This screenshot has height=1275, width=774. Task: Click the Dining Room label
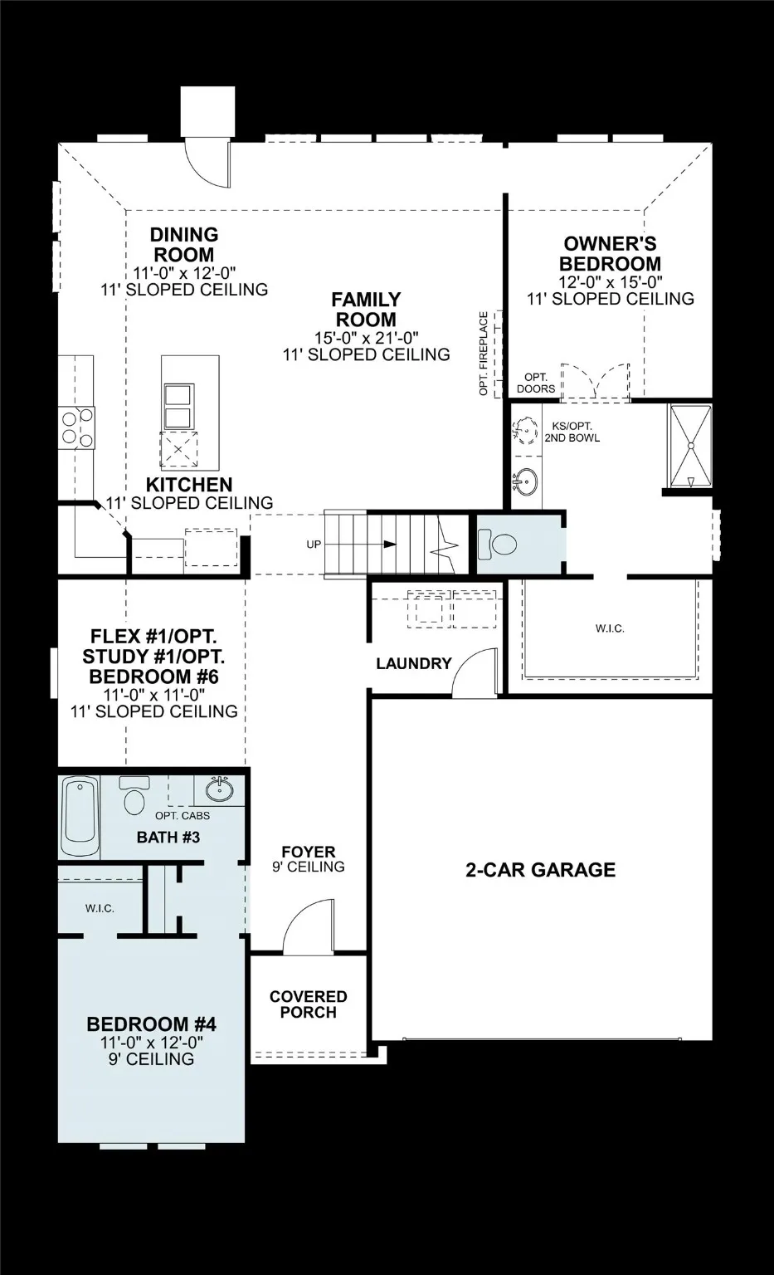click(183, 245)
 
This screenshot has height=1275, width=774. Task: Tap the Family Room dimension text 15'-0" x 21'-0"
click(366, 337)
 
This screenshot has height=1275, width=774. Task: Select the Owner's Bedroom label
click(610, 253)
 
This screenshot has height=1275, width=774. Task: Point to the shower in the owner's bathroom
click(690, 445)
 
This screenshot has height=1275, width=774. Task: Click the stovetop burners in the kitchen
click(75, 427)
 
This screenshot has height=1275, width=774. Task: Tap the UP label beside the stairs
click(314, 545)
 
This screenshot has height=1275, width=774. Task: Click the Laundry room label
click(413, 663)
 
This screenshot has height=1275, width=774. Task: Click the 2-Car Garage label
click(540, 870)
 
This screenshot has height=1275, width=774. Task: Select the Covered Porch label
click(308, 1004)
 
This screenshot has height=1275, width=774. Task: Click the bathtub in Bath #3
click(80, 817)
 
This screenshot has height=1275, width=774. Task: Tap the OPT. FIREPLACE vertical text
click(484, 353)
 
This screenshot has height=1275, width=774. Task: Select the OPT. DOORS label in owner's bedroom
click(535, 383)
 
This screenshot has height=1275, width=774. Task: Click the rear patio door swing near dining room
click(206, 162)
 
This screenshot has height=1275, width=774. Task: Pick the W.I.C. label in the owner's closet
click(610, 628)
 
